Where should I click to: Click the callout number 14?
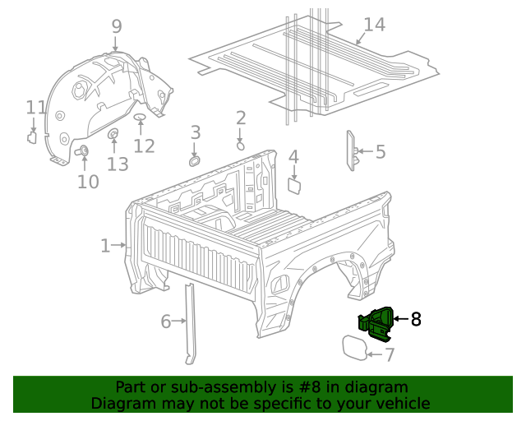point(373,25)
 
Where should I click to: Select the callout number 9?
point(116,26)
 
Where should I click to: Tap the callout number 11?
point(35,108)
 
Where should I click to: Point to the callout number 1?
point(105,245)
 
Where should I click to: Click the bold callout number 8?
point(416,319)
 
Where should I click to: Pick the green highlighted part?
point(376,322)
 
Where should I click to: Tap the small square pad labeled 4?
point(293,185)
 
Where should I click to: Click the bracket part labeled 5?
point(349,151)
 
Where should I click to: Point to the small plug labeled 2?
point(240,145)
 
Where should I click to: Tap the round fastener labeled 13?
point(113,134)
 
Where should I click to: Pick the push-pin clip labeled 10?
point(83,150)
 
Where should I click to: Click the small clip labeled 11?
point(32,136)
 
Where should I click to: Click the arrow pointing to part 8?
point(400,318)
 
